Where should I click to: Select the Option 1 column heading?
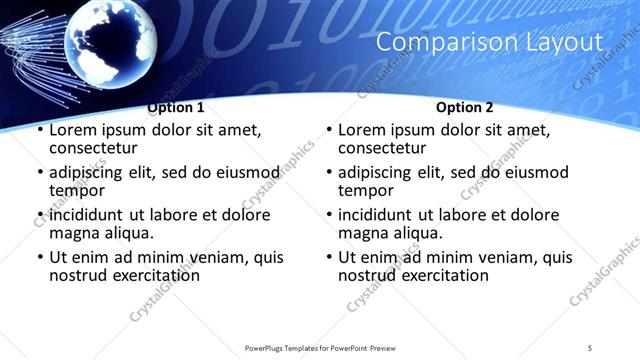tap(176, 107)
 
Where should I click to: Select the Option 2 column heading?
tap(465, 107)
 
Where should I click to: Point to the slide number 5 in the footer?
tap(590, 347)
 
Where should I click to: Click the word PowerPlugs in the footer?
tap(268, 347)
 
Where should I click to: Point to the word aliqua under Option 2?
tap(418, 233)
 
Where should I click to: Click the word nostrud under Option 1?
tap(80, 275)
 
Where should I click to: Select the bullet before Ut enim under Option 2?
tap(329, 258)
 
